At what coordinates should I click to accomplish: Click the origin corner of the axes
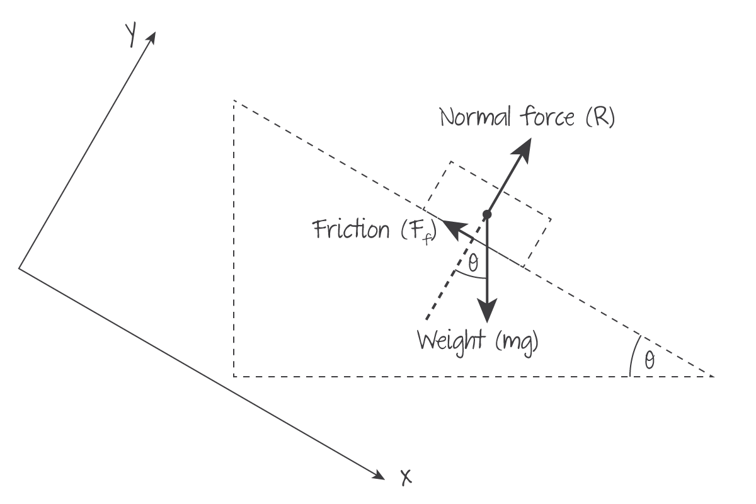20,268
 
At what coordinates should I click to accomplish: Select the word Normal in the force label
476,117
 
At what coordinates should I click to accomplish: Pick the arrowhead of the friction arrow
448,224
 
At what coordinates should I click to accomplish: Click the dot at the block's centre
487,215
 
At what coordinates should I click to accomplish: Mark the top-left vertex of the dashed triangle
234,101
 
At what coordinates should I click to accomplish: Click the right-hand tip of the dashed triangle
714,376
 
